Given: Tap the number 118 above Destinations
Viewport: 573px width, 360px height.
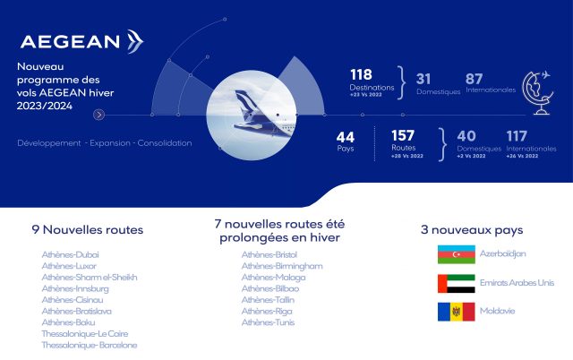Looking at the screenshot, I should point(360,73).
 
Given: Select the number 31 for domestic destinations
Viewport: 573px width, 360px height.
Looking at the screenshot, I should point(423,78).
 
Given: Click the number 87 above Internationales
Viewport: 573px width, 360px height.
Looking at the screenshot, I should point(475,78).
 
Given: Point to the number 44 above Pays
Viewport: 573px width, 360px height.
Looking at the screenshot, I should point(346,136).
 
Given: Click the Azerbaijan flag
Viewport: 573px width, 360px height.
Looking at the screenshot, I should point(455,254).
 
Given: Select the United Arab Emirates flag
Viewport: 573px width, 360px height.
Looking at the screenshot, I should point(455,283).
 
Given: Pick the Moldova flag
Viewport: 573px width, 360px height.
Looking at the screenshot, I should point(455,312).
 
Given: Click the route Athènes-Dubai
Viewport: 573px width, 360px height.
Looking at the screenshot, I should point(71,254).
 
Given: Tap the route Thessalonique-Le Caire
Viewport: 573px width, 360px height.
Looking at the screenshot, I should point(88,333).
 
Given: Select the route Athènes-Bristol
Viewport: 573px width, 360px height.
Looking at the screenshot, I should point(269,254).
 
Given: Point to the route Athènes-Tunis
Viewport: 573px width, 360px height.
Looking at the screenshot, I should point(268,321).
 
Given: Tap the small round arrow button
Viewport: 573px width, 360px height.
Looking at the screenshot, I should point(98,114).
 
